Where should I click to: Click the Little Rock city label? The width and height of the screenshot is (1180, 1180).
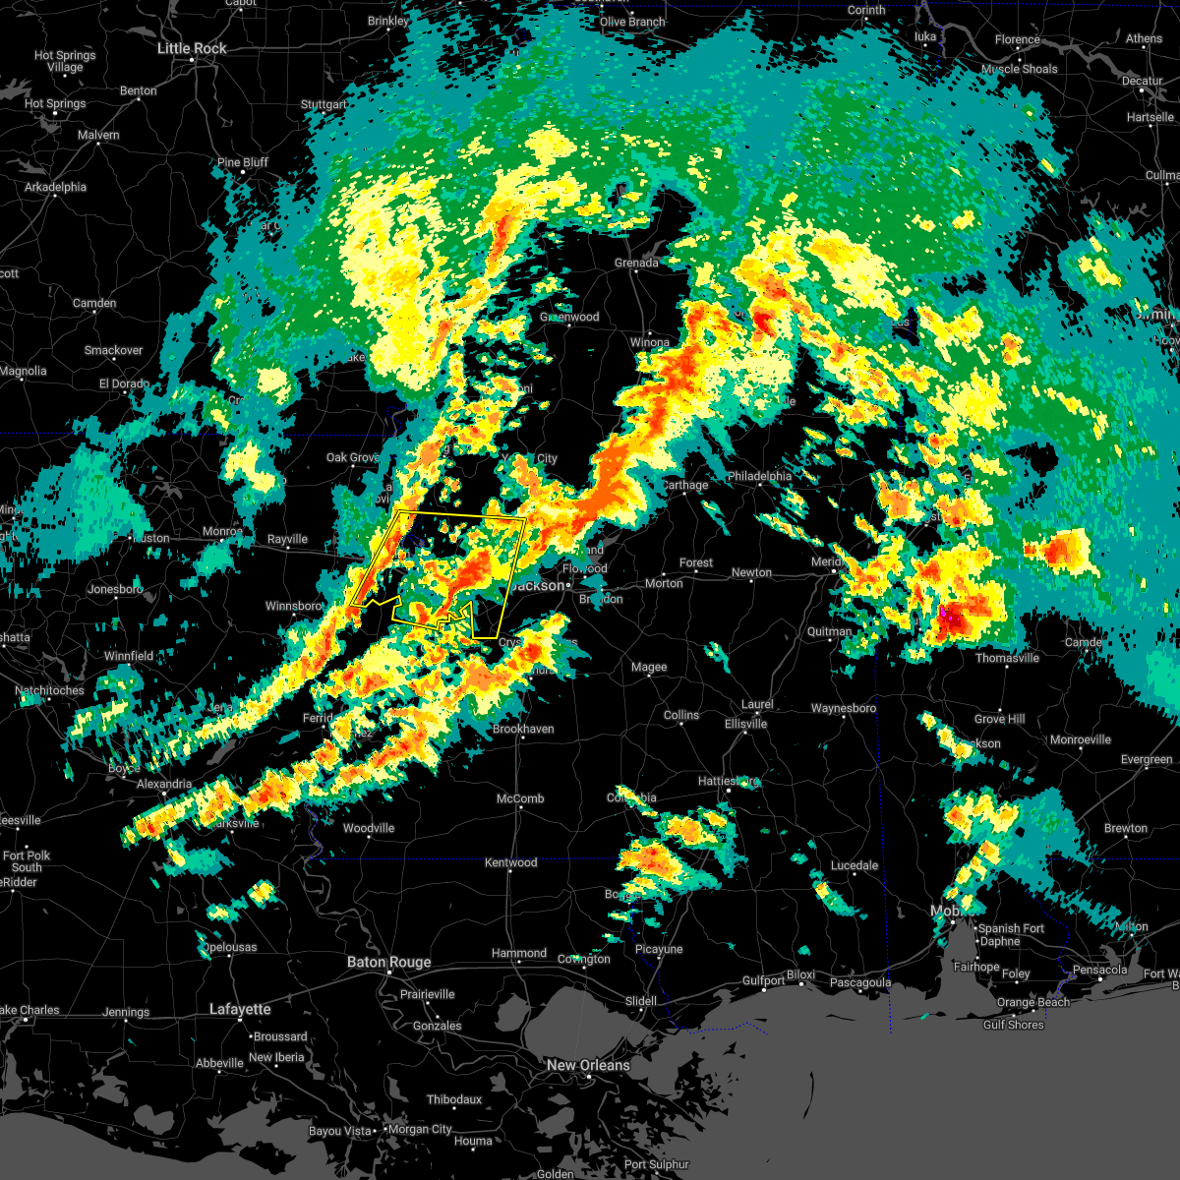click(x=192, y=48)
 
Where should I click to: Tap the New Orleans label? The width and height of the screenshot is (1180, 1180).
click(x=588, y=1065)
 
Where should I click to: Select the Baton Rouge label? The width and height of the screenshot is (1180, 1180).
click(x=388, y=962)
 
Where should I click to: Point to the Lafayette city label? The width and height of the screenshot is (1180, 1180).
click(x=240, y=1009)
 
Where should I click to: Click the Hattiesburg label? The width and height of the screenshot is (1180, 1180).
click(x=729, y=781)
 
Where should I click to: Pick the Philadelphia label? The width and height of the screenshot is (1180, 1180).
click(x=759, y=476)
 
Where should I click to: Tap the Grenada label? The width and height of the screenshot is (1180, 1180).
click(x=636, y=263)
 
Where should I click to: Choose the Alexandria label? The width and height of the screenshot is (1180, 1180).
click(x=164, y=784)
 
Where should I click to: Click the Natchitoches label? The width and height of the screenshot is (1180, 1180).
click(x=50, y=691)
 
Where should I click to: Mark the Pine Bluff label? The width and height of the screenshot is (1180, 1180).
click(x=242, y=162)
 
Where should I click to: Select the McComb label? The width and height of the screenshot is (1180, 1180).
click(x=520, y=798)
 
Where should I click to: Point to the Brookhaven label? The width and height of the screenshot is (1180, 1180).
click(x=523, y=729)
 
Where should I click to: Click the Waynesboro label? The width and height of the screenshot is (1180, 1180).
click(x=843, y=708)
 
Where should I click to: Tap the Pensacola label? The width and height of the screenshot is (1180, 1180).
click(x=1099, y=970)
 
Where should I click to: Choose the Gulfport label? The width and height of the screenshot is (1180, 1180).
click(x=763, y=980)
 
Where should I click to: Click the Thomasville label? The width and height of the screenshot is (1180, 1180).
click(x=1007, y=658)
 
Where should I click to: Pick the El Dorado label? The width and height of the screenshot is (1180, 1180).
click(x=123, y=383)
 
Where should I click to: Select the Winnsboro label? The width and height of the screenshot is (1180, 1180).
click(x=294, y=606)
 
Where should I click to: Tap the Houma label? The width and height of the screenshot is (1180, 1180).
click(x=472, y=1141)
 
